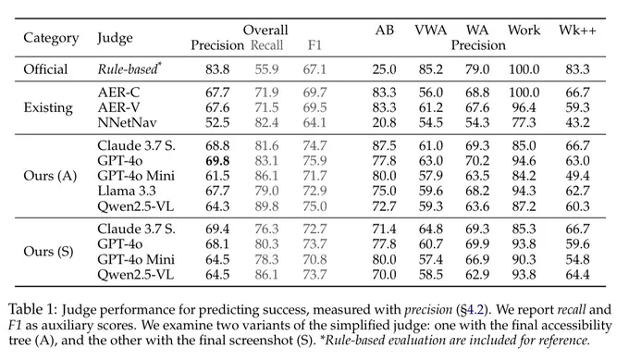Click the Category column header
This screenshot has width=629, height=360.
pos(51,38)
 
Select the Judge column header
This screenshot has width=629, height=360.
pos(115,38)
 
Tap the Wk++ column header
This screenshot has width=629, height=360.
pos(577,31)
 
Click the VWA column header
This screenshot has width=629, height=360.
pos(430,31)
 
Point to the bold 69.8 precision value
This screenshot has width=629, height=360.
pos(217,160)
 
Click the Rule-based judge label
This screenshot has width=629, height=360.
pos(129,68)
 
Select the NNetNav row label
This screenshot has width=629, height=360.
pos(127,122)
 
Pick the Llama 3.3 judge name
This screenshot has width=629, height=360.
pos(127,191)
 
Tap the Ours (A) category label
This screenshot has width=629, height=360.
pos(50,176)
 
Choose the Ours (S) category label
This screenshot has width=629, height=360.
pos(48,252)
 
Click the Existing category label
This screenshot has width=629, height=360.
pos(48,107)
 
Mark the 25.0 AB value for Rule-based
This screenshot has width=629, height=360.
pos(384,69)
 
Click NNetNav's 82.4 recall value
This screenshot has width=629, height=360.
pos(266,122)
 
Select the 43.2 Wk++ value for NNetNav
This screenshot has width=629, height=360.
pos(577,122)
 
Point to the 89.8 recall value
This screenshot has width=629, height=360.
pos(266,205)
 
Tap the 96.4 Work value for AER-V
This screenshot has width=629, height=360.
pos(524,107)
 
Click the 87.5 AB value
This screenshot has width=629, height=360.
pos(384,145)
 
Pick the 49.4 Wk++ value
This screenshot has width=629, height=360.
pos(577,176)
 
